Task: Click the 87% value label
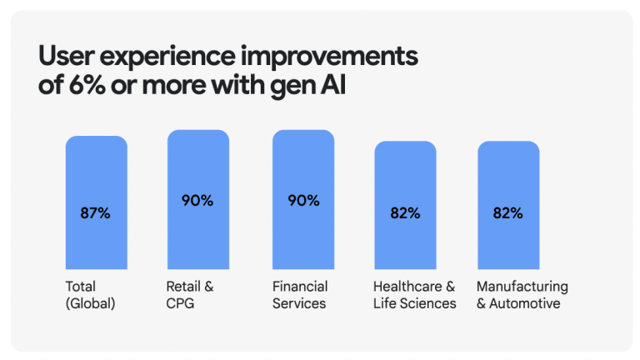96,212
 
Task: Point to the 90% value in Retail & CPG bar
197,200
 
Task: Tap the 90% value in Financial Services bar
303,200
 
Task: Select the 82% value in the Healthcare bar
405,212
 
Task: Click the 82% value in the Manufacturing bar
507,212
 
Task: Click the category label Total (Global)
90,295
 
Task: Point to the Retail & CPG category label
190,295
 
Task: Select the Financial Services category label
300,295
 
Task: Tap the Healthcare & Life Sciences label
415,295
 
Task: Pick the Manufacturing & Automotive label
522,295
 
